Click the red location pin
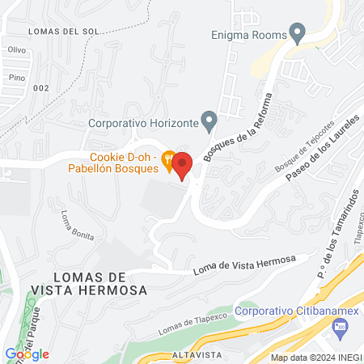182,165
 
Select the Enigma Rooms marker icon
298,33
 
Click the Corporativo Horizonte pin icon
210,122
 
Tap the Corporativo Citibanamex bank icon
340,326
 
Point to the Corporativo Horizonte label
143,123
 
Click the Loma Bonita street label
78,226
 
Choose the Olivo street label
16,49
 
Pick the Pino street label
15,77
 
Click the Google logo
27,353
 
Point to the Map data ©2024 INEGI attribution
315,358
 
